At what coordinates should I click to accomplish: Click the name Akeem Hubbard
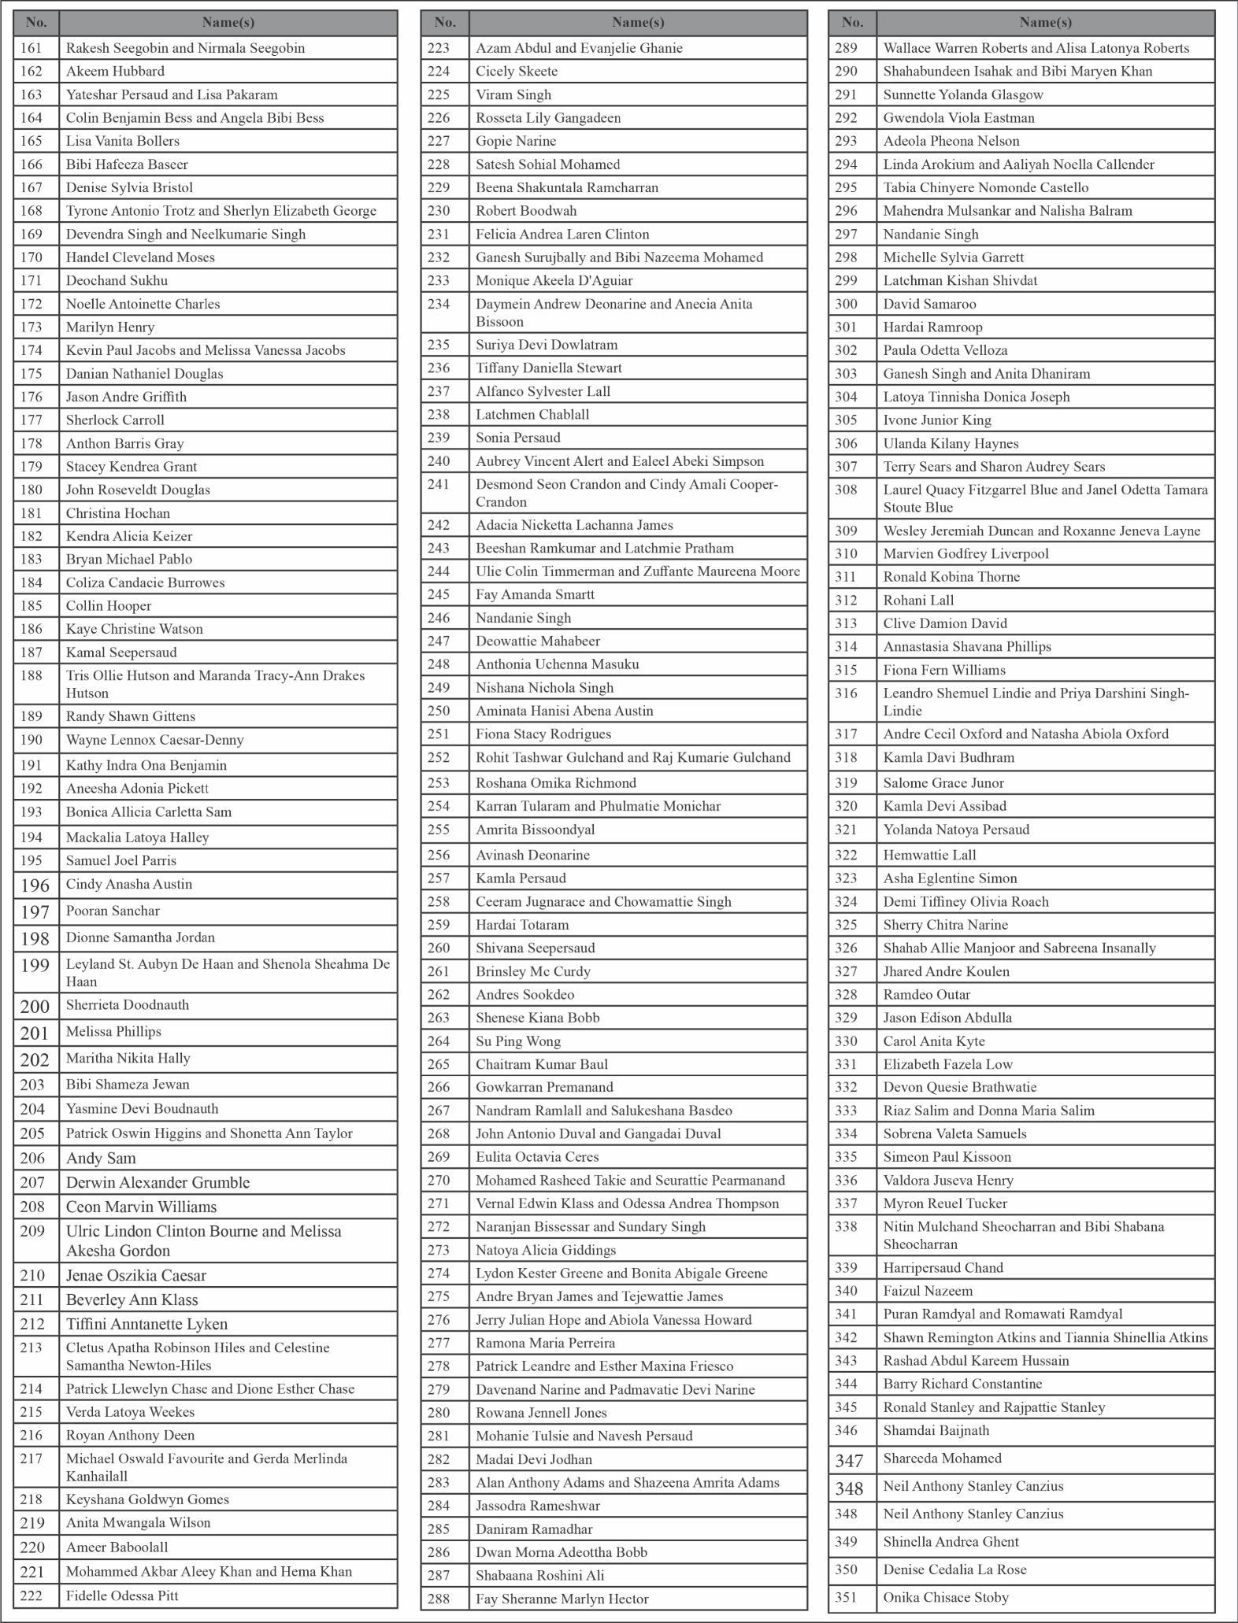click(x=115, y=71)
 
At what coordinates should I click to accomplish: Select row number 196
click(x=35, y=885)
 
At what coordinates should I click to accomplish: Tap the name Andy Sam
click(x=101, y=1158)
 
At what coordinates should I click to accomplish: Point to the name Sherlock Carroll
click(x=115, y=420)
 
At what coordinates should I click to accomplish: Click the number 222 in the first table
click(x=32, y=1595)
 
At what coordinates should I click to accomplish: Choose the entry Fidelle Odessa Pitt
click(x=122, y=1595)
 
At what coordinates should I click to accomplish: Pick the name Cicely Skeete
click(x=516, y=71)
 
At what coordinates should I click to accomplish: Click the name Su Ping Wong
click(x=517, y=1041)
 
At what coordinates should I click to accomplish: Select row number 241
click(x=439, y=485)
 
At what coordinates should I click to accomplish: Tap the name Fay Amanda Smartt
click(x=535, y=594)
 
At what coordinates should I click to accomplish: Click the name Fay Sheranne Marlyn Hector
click(x=562, y=1599)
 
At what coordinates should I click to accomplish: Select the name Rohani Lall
click(x=917, y=600)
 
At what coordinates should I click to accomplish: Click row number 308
click(x=846, y=490)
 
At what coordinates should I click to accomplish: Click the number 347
click(x=849, y=1461)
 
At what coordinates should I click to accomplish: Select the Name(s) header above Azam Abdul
click(x=638, y=23)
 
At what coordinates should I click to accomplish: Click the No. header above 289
click(x=852, y=23)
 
